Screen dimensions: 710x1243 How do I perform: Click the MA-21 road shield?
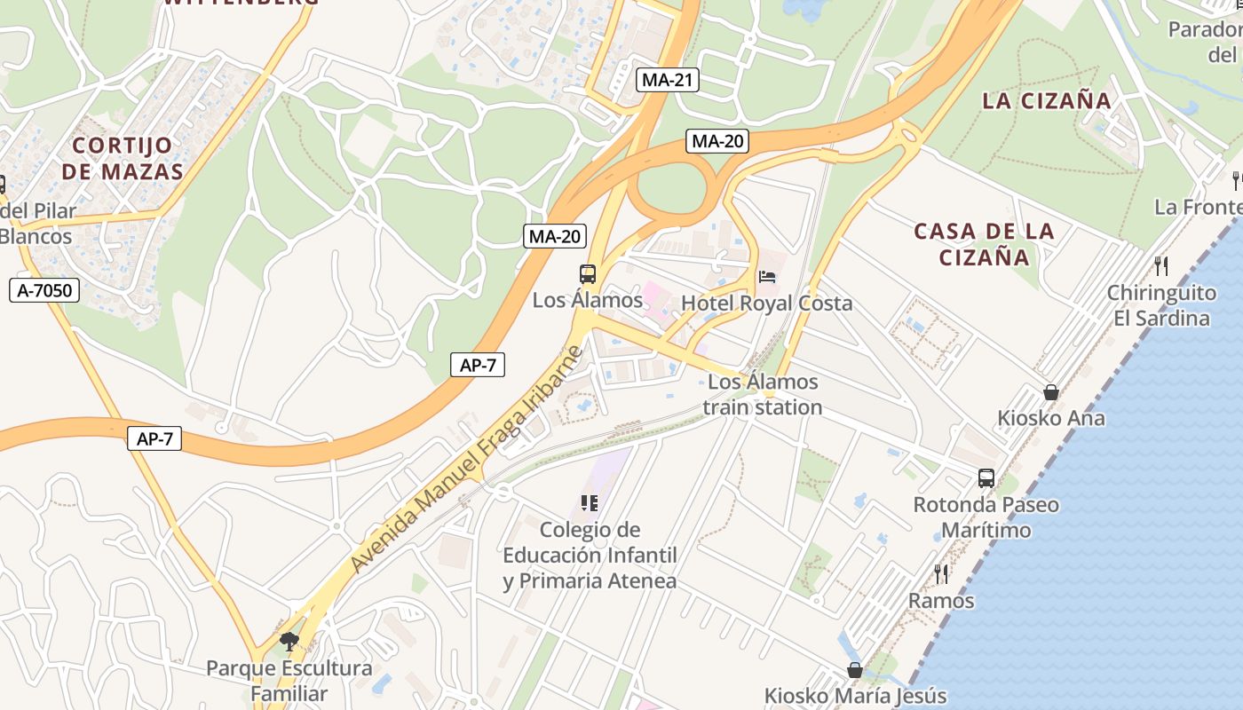[668, 80]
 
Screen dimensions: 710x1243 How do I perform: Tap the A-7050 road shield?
[44, 289]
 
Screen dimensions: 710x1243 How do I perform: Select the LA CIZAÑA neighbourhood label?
[1047, 100]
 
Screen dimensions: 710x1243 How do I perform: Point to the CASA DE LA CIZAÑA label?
[984, 244]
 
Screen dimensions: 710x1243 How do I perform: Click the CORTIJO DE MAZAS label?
[123, 158]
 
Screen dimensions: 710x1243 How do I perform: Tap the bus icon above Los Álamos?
[588, 274]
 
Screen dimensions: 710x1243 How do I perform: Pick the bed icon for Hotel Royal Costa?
[766, 276]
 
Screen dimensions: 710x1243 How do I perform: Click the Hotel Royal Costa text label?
[766, 304]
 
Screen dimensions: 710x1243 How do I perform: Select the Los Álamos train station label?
[763, 395]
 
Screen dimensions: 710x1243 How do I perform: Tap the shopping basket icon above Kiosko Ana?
[1051, 391]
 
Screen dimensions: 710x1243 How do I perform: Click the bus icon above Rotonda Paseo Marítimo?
[986, 478]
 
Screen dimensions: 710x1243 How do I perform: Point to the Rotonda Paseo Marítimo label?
[986, 517]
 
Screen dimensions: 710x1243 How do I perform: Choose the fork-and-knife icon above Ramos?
[941, 574]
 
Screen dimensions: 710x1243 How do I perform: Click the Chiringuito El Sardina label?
[1162, 305]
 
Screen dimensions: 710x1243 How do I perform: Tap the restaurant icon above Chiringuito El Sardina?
[1160, 265]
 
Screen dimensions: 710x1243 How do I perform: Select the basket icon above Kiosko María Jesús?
[855, 670]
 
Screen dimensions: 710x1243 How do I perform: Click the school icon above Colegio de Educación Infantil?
[589, 503]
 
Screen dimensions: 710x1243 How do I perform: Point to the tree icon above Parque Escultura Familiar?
[289, 641]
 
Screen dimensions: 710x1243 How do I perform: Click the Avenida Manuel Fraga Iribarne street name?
[467, 459]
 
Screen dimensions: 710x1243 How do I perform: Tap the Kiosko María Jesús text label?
[855, 696]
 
